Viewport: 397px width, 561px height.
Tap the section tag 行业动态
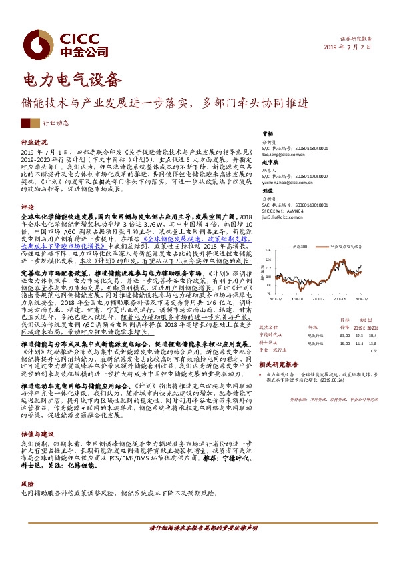tap(57, 123)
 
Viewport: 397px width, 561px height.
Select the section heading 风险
tap(27, 484)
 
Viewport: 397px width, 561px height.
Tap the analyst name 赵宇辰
tap(268, 163)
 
